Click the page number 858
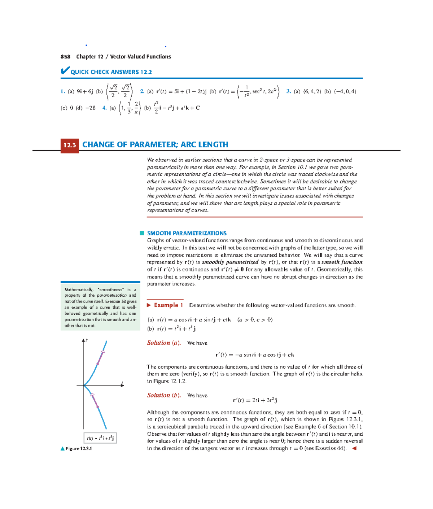pos(65,57)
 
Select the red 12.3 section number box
pos(70,145)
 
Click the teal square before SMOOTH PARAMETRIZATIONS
pos(142,233)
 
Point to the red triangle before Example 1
pos(149,305)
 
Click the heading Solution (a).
pos(163,343)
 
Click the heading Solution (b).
pos(163,395)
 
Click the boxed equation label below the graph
pos(100,438)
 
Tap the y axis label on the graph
pos(87,340)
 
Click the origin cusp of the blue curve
pos(84,386)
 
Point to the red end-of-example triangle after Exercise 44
pos(354,448)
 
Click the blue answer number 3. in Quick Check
pos(288,91)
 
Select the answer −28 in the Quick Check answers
pos(90,108)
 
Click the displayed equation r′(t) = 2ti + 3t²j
pos(255,400)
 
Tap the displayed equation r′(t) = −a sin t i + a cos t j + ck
pos(255,355)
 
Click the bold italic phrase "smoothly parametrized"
pos(230,262)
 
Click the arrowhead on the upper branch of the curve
pos(103,352)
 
